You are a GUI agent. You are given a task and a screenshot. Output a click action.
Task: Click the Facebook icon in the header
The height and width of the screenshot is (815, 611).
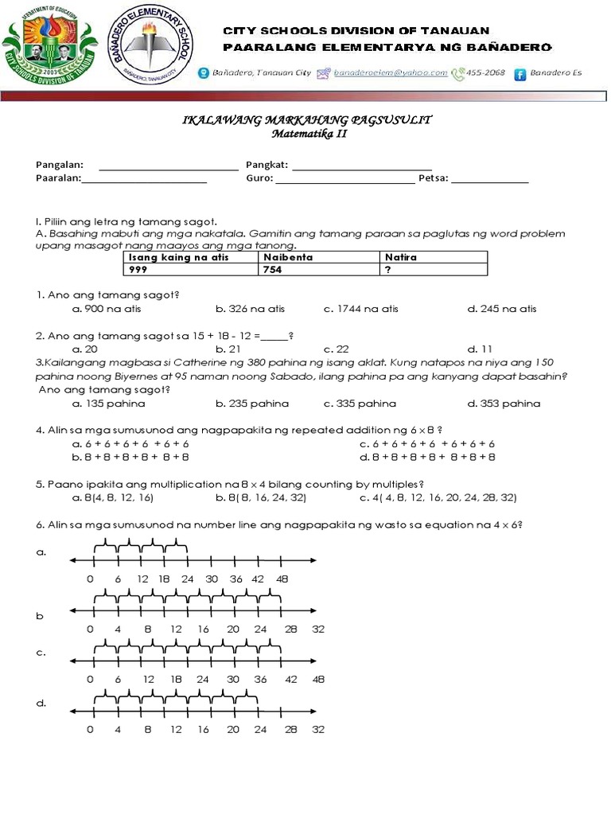(520, 74)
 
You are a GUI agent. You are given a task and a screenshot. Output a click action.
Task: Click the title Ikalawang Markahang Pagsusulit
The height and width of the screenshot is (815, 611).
(308, 119)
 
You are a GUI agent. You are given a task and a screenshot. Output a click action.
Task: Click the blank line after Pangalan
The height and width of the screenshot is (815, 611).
(168, 167)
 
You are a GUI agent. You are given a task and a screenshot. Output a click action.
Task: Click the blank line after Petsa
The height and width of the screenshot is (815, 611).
(489, 180)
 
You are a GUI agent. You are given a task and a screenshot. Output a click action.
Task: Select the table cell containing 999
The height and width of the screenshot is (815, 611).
(192, 270)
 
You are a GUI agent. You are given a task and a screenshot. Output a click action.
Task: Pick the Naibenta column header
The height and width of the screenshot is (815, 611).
(321, 257)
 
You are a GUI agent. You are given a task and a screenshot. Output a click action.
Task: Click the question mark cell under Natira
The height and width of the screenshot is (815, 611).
(434, 270)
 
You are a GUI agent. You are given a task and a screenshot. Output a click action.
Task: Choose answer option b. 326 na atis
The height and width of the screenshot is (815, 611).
(250, 309)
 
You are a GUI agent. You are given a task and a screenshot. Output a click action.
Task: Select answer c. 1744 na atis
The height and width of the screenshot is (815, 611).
(361, 309)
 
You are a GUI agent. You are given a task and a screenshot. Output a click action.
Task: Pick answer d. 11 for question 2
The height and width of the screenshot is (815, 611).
(481, 349)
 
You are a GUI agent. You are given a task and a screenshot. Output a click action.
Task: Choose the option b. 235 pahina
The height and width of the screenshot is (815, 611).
(251, 404)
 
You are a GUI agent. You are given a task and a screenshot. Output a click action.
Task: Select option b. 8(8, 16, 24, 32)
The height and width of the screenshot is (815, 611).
(261, 497)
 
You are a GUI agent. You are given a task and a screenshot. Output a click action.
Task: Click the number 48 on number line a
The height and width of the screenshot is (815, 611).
(282, 579)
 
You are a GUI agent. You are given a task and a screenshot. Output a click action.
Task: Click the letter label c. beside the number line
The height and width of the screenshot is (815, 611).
(41, 653)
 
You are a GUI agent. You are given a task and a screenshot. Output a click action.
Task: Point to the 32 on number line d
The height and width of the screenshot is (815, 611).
(318, 730)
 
